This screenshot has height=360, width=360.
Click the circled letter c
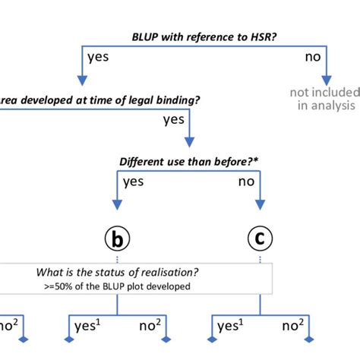point(260,241)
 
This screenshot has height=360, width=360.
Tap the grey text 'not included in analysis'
point(323,99)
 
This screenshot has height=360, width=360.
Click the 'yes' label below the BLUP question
point(98,57)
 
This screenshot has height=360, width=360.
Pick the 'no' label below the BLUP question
point(311,57)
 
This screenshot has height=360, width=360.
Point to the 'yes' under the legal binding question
point(175,119)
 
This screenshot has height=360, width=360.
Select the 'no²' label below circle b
point(150,327)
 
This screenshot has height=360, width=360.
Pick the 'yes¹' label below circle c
point(229,327)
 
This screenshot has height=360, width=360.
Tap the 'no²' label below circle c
point(293,327)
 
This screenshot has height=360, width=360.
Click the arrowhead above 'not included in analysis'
point(327,79)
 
